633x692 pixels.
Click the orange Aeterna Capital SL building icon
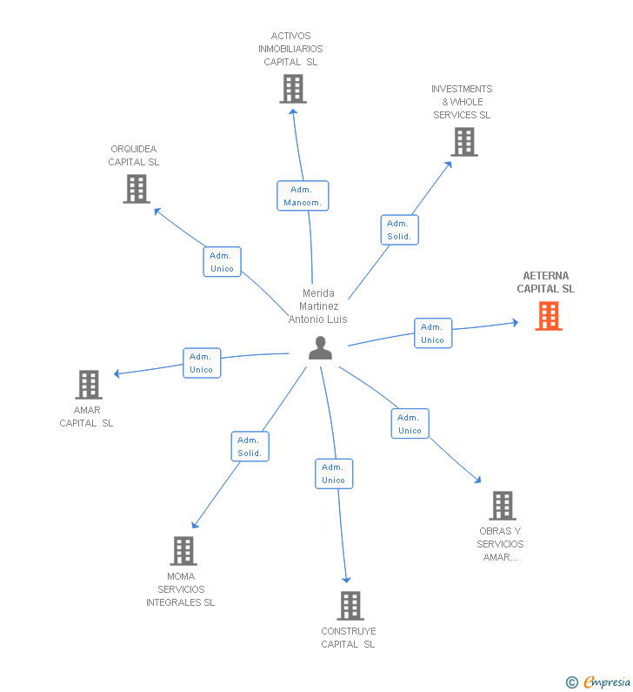point(548,316)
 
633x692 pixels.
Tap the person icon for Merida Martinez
point(320,348)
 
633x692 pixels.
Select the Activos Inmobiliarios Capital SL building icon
point(293,89)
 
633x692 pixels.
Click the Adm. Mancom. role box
point(303,196)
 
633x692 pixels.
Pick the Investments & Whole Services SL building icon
point(464,142)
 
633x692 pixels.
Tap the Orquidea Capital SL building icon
point(137,189)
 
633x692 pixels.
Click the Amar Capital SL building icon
point(89,385)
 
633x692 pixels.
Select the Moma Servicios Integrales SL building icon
point(183,551)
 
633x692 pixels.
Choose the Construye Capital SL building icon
point(350,606)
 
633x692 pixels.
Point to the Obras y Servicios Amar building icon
point(502,506)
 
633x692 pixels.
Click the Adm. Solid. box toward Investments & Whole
point(399,230)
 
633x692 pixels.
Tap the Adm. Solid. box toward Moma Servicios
point(250,447)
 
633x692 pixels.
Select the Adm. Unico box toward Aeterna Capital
point(432,333)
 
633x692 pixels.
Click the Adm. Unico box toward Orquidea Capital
point(222,262)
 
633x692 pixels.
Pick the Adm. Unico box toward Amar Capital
point(202,363)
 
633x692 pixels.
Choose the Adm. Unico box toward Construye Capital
point(334,474)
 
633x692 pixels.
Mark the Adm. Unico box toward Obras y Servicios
point(410,424)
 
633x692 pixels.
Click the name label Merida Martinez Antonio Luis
point(318,306)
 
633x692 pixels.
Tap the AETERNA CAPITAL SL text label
point(546,282)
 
